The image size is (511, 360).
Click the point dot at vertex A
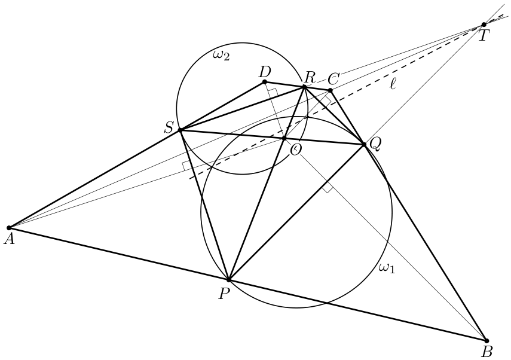(x=9, y=227)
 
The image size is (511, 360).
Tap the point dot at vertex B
(x=486, y=341)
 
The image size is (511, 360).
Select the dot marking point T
(x=484, y=25)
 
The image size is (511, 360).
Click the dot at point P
(x=229, y=280)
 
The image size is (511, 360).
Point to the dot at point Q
(x=364, y=144)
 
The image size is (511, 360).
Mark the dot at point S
(x=180, y=130)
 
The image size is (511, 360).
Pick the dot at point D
(x=265, y=81)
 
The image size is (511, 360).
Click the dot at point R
(x=304, y=87)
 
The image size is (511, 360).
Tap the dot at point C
(x=330, y=90)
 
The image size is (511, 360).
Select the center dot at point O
(x=284, y=139)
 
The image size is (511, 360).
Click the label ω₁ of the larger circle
(x=387, y=268)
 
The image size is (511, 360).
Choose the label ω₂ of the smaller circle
(x=221, y=55)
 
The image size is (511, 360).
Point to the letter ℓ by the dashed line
(x=393, y=84)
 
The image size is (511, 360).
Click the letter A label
(x=10, y=239)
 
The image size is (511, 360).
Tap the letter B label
(x=487, y=352)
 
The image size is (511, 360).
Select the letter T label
(x=484, y=35)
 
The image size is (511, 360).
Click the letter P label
(x=224, y=294)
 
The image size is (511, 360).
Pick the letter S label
(x=169, y=128)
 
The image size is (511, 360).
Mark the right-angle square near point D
(x=273, y=92)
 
